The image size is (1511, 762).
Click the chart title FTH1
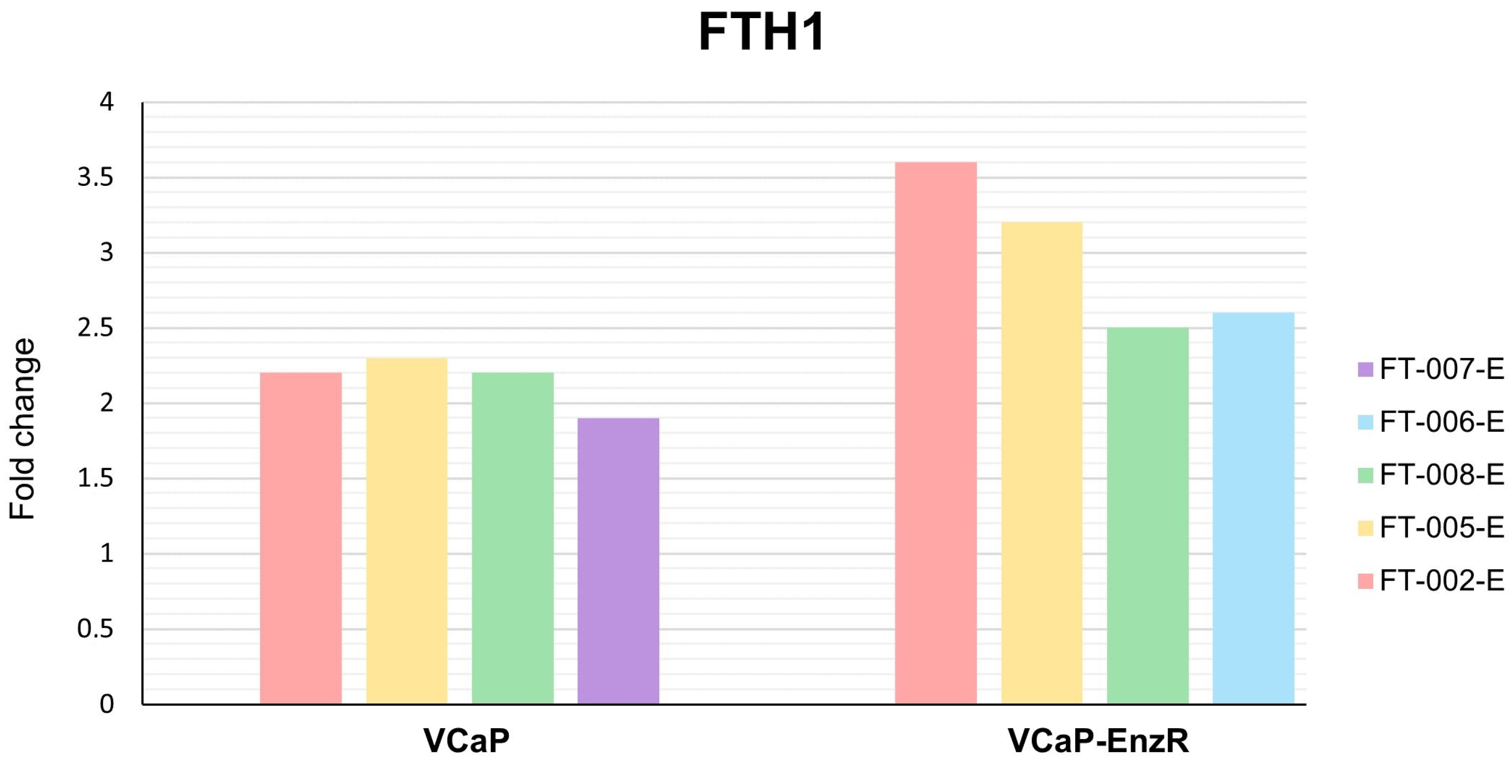761,32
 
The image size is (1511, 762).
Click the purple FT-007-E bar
618,560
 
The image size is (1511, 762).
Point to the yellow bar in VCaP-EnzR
1042,463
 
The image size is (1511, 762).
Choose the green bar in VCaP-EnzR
1147,515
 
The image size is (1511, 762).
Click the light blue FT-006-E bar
1253,508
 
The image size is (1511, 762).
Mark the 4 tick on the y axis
106,102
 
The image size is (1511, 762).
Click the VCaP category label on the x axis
466,741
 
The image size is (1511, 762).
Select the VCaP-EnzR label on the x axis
1098,741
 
